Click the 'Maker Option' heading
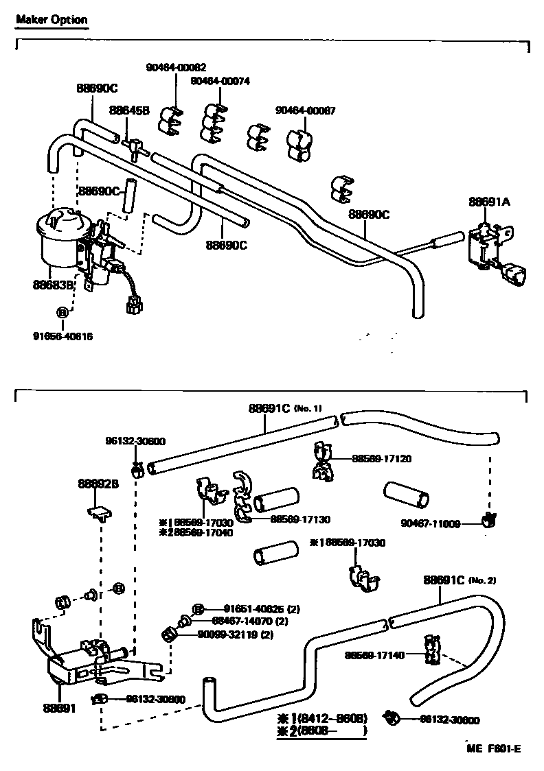pyautogui.click(x=52, y=20)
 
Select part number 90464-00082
pyautogui.click(x=176, y=67)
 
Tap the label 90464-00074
pyautogui.click(x=220, y=81)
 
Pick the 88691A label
pyautogui.click(x=490, y=202)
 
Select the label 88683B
pyautogui.click(x=54, y=283)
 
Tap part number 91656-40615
pyautogui.click(x=62, y=336)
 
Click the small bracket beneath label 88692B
pyautogui.click(x=100, y=512)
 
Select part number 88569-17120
pyautogui.click(x=382, y=458)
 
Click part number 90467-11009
pyautogui.click(x=431, y=523)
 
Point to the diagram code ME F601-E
pyautogui.click(x=492, y=748)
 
